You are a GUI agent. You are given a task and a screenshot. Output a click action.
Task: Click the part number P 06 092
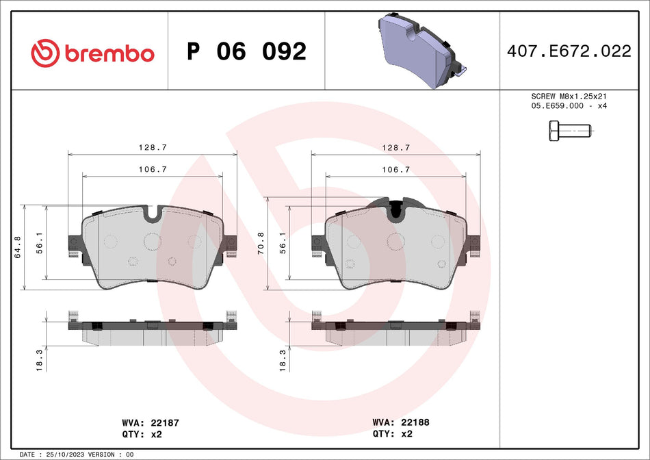tap(246, 51)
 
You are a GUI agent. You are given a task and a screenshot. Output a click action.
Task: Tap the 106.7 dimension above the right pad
tap(395, 169)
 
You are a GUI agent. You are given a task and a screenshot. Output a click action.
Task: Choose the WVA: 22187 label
tap(151, 423)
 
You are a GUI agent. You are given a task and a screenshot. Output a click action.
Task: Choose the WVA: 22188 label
tap(400, 423)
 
